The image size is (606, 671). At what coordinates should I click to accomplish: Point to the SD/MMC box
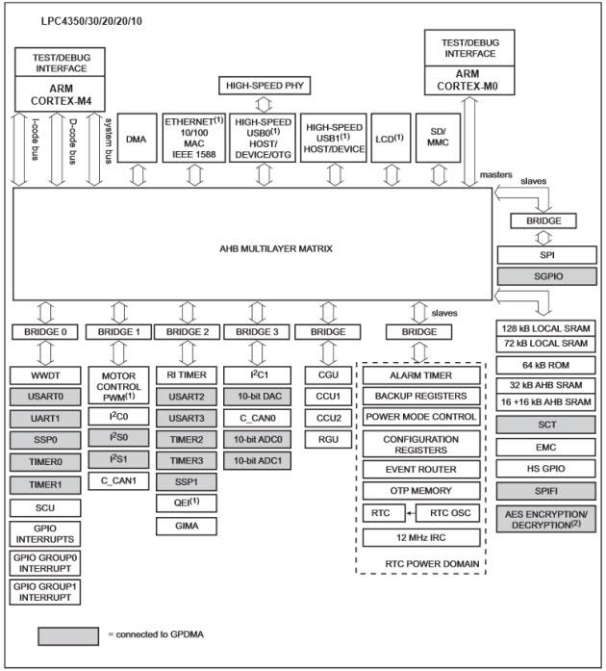(x=438, y=136)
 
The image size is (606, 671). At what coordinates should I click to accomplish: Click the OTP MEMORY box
(x=420, y=491)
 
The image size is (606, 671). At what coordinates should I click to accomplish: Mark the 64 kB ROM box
(x=544, y=365)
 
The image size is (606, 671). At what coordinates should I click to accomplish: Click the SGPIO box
(x=544, y=275)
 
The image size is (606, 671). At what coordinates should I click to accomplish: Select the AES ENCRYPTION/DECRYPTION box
(x=544, y=521)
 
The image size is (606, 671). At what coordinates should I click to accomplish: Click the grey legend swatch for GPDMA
(x=67, y=636)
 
